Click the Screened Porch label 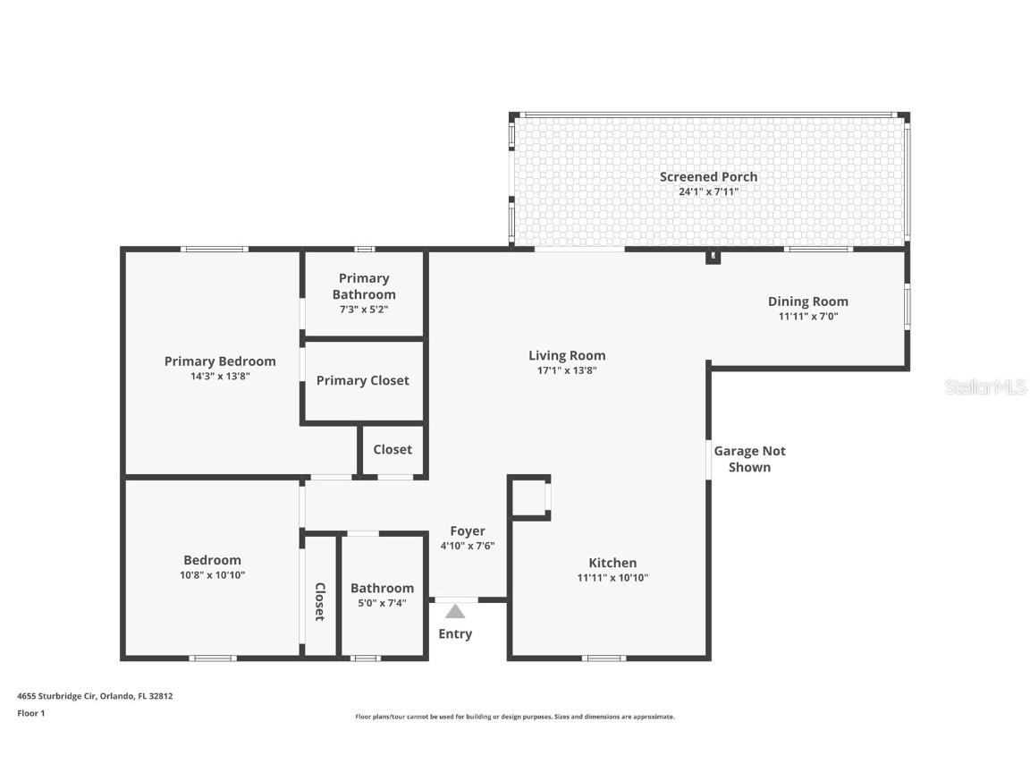pos(708,176)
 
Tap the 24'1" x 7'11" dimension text pos(708,191)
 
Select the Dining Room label pos(807,302)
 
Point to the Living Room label pos(567,355)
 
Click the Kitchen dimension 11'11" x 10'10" pos(612,578)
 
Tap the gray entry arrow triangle pos(455,612)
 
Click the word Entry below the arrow pos(455,634)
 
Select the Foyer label pos(467,531)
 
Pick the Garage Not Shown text pos(749,459)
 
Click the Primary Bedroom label pos(220,361)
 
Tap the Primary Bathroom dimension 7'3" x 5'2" pos(364,309)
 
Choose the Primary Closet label pos(363,380)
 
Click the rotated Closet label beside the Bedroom pos(319,601)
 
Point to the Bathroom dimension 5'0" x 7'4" pos(382,603)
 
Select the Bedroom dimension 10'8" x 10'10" pos(213,575)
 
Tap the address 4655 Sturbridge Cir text pos(95,695)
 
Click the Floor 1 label pos(30,713)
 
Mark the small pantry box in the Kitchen pos(529,497)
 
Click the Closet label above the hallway pos(393,449)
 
